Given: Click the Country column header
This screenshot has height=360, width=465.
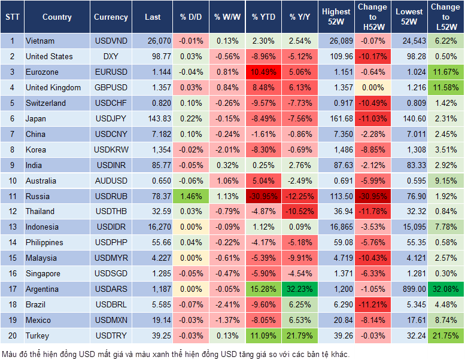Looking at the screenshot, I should pyautogui.click(x=57, y=17).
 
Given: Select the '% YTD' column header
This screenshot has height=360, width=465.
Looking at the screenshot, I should pyautogui.click(x=263, y=17).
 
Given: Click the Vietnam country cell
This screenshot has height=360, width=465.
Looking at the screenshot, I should pyautogui.click(x=41, y=41).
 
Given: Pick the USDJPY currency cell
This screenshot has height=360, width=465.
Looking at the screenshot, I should pyautogui.click(x=111, y=118).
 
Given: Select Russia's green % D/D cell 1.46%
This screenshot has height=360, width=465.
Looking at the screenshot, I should pyautogui.click(x=190, y=196).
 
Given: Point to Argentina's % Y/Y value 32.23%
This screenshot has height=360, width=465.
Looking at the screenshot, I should pyautogui.click(x=300, y=289).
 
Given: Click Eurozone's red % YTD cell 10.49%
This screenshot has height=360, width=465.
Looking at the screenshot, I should pyautogui.click(x=263, y=72).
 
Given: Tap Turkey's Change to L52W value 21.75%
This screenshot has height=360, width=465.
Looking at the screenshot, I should pyautogui.click(x=446, y=335).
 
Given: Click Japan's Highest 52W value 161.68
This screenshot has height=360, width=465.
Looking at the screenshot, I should pyautogui.click(x=336, y=118).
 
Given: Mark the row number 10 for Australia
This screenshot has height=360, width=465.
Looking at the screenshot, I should pyautogui.click(x=12, y=181).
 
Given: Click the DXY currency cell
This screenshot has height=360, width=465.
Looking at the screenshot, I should pyautogui.click(x=111, y=56).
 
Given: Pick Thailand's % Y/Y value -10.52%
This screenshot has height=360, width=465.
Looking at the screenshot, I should pyautogui.click(x=300, y=211).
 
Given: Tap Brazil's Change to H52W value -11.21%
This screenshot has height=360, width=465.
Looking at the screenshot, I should pyautogui.click(x=373, y=304).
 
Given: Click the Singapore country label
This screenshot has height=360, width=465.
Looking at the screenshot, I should pyautogui.click(x=43, y=273).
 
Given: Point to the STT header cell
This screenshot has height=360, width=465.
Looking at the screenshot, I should pyautogui.click(x=12, y=17).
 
